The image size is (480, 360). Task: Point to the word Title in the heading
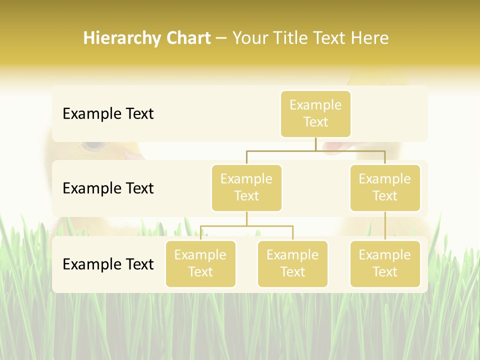[x=293, y=38]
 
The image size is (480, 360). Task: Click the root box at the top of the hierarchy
[x=315, y=114]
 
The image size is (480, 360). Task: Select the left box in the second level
[x=246, y=188]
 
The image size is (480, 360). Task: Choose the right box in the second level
[x=385, y=188]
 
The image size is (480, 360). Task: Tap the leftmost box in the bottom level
[x=200, y=264]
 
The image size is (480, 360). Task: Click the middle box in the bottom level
[x=292, y=264]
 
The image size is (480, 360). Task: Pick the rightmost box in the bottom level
[x=385, y=264]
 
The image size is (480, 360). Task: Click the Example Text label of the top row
[x=108, y=114]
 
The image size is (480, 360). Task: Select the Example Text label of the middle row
[x=108, y=188]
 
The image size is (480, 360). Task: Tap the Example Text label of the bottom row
[x=108, y=264]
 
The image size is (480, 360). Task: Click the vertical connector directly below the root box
[x=315, y=144]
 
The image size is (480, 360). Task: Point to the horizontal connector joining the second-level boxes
[x=280, y=150]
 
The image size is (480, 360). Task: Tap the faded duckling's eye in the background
[x=92, y=145]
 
